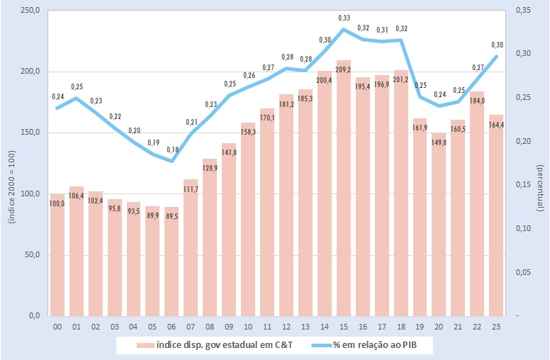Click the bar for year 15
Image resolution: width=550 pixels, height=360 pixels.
pyautogui.click(x=344, y=191)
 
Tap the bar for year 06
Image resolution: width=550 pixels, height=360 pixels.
pyautogui.click(x=172, y=262)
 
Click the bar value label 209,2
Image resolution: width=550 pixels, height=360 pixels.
pyautogui.click(x=344, y=70)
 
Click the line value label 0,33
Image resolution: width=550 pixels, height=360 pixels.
pyautogui.click(x=344, y=18)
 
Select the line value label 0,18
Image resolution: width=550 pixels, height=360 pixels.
pyautogui.click(x=172, y=150)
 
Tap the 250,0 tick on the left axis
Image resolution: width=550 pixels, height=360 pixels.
pyautogui.click(x=29, y=11)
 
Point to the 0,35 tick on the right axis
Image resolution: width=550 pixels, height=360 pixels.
pyautogui.click(x=523, y=11)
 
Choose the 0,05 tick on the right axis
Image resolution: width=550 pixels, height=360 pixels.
pyautogui.click(x=523, y=272)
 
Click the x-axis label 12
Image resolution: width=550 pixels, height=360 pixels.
pyautogui.click(x=286, y=327)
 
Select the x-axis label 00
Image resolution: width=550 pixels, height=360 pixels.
pyautogui.click(x=57, y=327)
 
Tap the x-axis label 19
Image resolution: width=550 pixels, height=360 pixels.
pyautogui.click(x=420, y=327)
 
